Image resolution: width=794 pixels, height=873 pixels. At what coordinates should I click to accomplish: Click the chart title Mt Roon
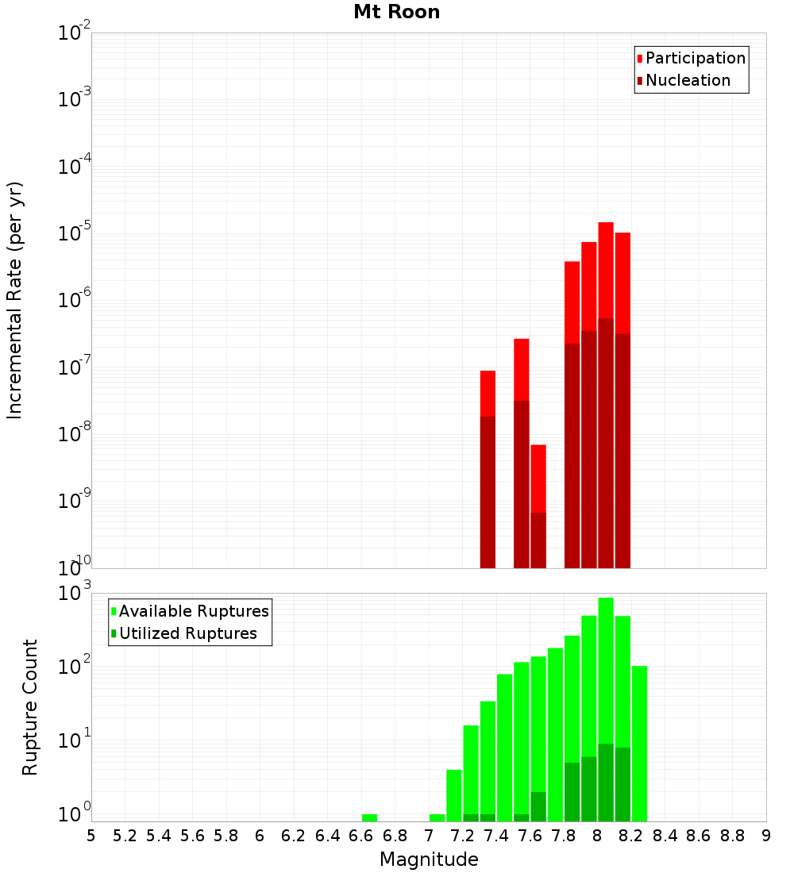396,12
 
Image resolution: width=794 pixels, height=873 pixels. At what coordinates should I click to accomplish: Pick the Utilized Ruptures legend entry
187,633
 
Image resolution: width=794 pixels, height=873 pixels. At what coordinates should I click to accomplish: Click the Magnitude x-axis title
429,859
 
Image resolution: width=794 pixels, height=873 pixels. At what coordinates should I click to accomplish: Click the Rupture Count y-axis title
30,706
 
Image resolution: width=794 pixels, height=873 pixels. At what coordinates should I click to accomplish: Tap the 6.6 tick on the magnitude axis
361,836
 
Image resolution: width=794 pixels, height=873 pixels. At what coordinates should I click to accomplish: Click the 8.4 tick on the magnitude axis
665,836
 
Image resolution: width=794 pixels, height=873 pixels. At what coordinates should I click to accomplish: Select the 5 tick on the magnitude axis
91,836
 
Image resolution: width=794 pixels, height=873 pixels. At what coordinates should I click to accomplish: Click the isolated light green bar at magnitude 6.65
369,817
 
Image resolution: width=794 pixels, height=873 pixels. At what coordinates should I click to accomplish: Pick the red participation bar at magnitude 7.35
488,393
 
